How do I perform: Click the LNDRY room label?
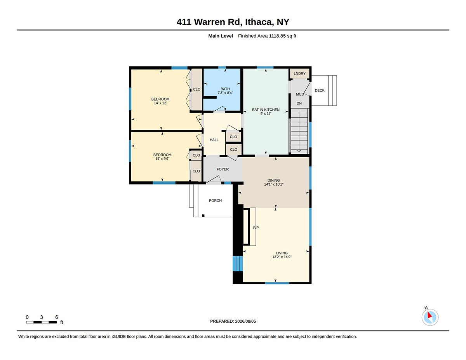tap(299, 73)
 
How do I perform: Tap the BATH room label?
tap(225, 89)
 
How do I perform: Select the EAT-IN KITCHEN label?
tap(266, 110)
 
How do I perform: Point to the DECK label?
tap(320, 90)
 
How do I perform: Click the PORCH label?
tap(215, 200)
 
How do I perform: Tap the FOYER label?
tap(223, 169)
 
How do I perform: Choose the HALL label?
tap(214, 140)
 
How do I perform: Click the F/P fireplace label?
tap(256, 228)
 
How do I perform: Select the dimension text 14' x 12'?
tap(160, 103)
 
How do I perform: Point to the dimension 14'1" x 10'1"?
tap(274, 184)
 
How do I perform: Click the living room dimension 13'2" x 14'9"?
tap(282, 257)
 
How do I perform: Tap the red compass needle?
tap(429, 315)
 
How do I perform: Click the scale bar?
tap(42, 322)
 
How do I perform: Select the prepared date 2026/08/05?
tap(245, 321)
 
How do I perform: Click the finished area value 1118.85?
tap(277, 36)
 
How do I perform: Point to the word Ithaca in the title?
tap(259, 22)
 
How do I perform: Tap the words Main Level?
tap(221, 36)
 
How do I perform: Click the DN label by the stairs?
tap(299, 103)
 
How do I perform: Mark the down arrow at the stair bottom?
tap(299, 151)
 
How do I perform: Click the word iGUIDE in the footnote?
tap(119, 337)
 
